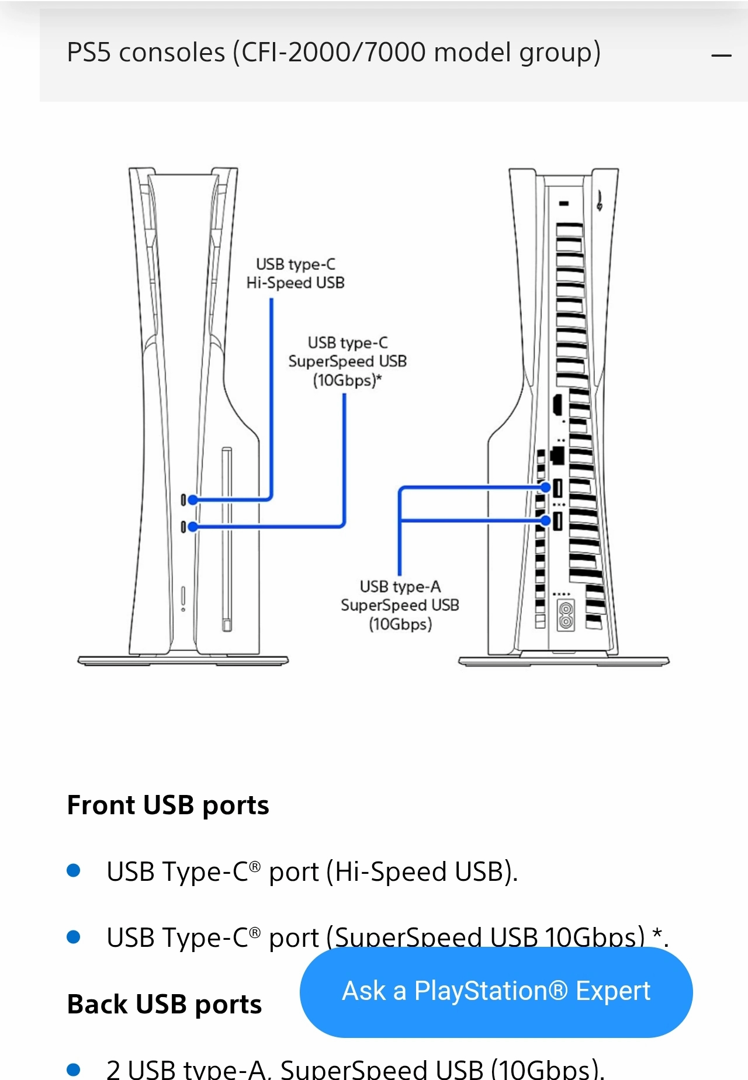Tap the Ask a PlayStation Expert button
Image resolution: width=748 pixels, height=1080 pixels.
tap(496, 991)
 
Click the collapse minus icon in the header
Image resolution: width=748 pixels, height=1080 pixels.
tap(721, 55)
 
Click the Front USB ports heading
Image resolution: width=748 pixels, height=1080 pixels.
tap(168, 805)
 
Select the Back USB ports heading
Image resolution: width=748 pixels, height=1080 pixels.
tap(164, 1004)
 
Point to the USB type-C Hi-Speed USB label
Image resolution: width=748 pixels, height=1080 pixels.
tap(295, 273)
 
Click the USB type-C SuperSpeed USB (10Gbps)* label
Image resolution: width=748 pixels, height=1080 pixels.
tap(347, 361)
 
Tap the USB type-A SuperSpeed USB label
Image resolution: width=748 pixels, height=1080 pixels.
tap(400, 605)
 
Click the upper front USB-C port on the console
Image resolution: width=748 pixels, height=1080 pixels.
tap(183, 499)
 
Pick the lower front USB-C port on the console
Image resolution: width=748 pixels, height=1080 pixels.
tap(183, 527)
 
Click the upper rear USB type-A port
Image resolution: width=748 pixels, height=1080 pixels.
tap(557, 487)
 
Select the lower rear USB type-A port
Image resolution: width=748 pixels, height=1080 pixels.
tap(557, 520)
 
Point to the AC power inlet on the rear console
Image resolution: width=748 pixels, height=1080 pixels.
tap(565, 615)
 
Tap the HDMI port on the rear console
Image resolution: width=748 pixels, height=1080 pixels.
tap(557, 404)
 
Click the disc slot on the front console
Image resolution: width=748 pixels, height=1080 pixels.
tap(227, 537)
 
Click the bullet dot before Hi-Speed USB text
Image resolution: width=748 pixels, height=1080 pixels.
tap(74, 871)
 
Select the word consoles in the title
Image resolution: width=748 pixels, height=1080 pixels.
tap(172, 53)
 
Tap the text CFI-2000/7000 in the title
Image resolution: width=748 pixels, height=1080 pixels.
tap(334, 53)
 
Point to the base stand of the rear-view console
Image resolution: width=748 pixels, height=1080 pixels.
tap(564, 661)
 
